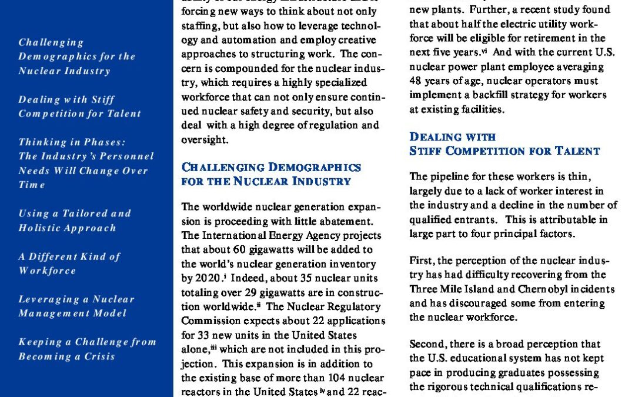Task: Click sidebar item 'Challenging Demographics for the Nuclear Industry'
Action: click(76, 56)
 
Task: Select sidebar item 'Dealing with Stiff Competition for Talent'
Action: click(79, 106)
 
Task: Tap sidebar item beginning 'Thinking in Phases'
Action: click(85, 163)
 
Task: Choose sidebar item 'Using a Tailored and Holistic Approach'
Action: click(75, 221)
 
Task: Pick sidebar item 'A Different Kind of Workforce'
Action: click(69, 263)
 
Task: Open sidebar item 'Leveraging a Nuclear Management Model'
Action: click(76, 306)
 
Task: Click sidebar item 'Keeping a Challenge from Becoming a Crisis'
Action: click(87, 349)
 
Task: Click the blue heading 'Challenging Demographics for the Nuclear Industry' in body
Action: click(271, 174)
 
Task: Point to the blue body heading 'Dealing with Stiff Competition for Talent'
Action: click(504, 144)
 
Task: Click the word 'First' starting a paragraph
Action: click(420, 261)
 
